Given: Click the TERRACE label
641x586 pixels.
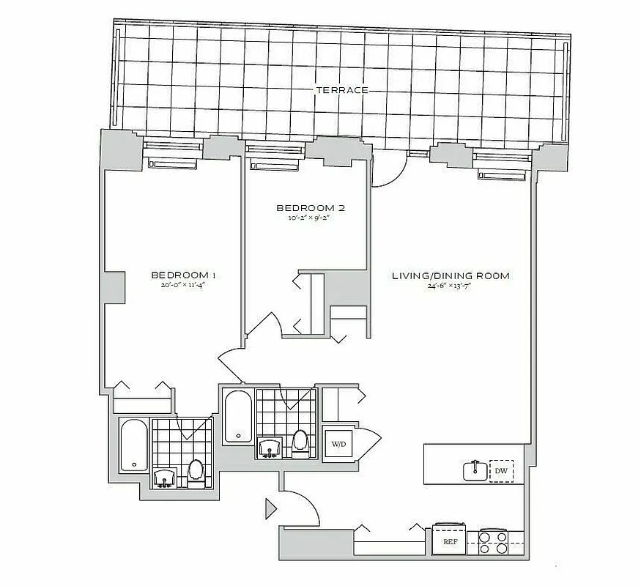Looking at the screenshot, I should [x=341, y=90].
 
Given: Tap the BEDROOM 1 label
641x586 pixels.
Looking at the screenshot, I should [x=183, y=275].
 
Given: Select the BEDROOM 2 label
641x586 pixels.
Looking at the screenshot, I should [x=311, y=208].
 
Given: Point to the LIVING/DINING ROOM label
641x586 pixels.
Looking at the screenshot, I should [x=451, y=276].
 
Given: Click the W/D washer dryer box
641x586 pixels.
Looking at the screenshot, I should [x=338, y=444].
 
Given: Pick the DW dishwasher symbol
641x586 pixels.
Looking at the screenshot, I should [x=502, y=470].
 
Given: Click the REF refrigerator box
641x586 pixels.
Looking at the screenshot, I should [x=451, y=542].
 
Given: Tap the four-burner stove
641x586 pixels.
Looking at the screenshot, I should [x=493, y=542].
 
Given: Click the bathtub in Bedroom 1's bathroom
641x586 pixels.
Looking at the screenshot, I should [x=133, y=445].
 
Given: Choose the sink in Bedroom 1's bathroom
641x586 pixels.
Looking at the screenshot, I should [x=165, y=478].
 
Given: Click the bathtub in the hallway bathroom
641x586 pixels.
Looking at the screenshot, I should [x=237, y=416].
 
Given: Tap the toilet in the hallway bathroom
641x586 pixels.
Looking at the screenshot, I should [x=300, y=443].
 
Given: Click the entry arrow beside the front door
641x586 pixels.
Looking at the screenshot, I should [x=270, y=507].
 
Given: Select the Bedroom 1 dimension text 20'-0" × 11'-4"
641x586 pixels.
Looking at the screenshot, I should [x=183, y=286].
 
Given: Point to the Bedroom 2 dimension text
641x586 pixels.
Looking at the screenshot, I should [x=311, y=218].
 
